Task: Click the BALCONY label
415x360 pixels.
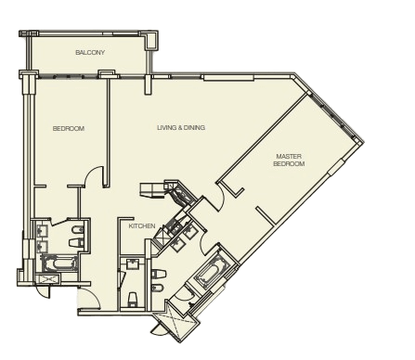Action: [90, 52]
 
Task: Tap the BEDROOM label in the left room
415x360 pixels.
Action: [69, 128]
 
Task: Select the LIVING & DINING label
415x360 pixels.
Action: [181, 127]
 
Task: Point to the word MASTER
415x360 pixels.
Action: [289, 157]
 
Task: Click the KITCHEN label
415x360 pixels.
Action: [142, 226]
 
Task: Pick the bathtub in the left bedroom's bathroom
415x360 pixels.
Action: [59, 264]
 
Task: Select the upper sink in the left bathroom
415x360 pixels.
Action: [42, 231]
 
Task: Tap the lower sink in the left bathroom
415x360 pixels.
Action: [42, 247]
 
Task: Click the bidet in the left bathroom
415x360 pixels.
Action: [77, 230]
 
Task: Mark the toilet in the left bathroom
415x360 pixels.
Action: [76, 243]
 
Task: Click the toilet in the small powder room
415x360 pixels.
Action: [132, 299]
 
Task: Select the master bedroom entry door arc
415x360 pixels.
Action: [222, 196]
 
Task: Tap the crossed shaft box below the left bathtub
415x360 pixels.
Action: [46, 279]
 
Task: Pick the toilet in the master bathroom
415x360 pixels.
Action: [159, 274]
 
